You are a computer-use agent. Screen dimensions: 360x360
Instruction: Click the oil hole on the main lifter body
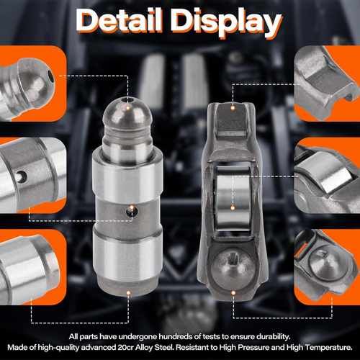130,211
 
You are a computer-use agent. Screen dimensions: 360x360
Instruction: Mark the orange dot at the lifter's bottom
128,292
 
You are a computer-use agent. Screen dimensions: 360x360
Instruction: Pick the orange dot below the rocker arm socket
234,292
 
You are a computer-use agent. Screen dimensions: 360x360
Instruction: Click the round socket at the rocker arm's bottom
233,263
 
